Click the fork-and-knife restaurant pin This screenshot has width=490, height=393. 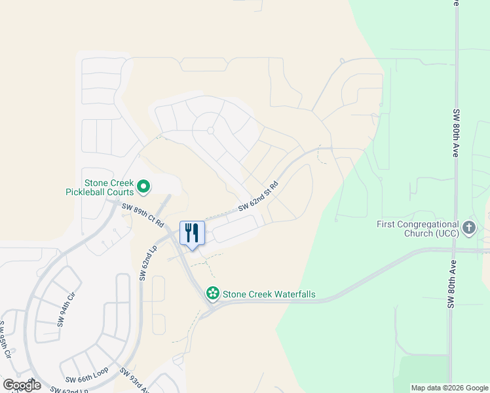tap(192, 234)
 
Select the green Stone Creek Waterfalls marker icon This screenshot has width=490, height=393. tap(212, 294)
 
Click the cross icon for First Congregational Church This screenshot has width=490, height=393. tap(468, 228)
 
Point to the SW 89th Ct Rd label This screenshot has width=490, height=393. tap(143, 215)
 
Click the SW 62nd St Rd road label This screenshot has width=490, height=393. tap(258, 195)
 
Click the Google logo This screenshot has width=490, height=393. tap(22, 384)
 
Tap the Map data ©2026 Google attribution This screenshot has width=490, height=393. tap(449, 388)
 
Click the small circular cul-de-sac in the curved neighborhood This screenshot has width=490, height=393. tap(210, 130)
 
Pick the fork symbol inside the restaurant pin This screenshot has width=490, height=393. tap(188, 232)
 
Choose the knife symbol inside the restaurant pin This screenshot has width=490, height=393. tap(196, 232)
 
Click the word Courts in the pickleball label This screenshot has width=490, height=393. tap(120, 193)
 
